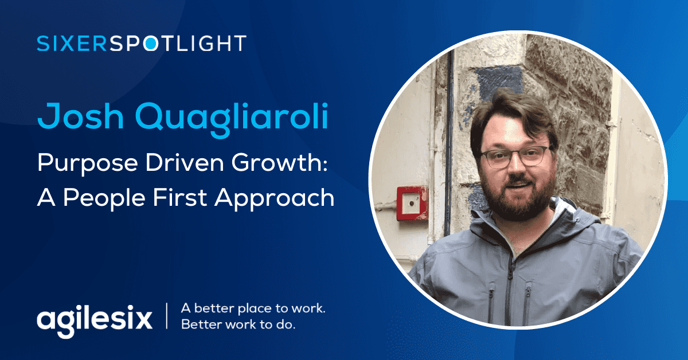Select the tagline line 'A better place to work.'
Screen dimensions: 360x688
pyautogui.click(x=253, y=308)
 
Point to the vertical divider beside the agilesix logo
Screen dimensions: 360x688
pyautogui.click(x=167, y=317)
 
